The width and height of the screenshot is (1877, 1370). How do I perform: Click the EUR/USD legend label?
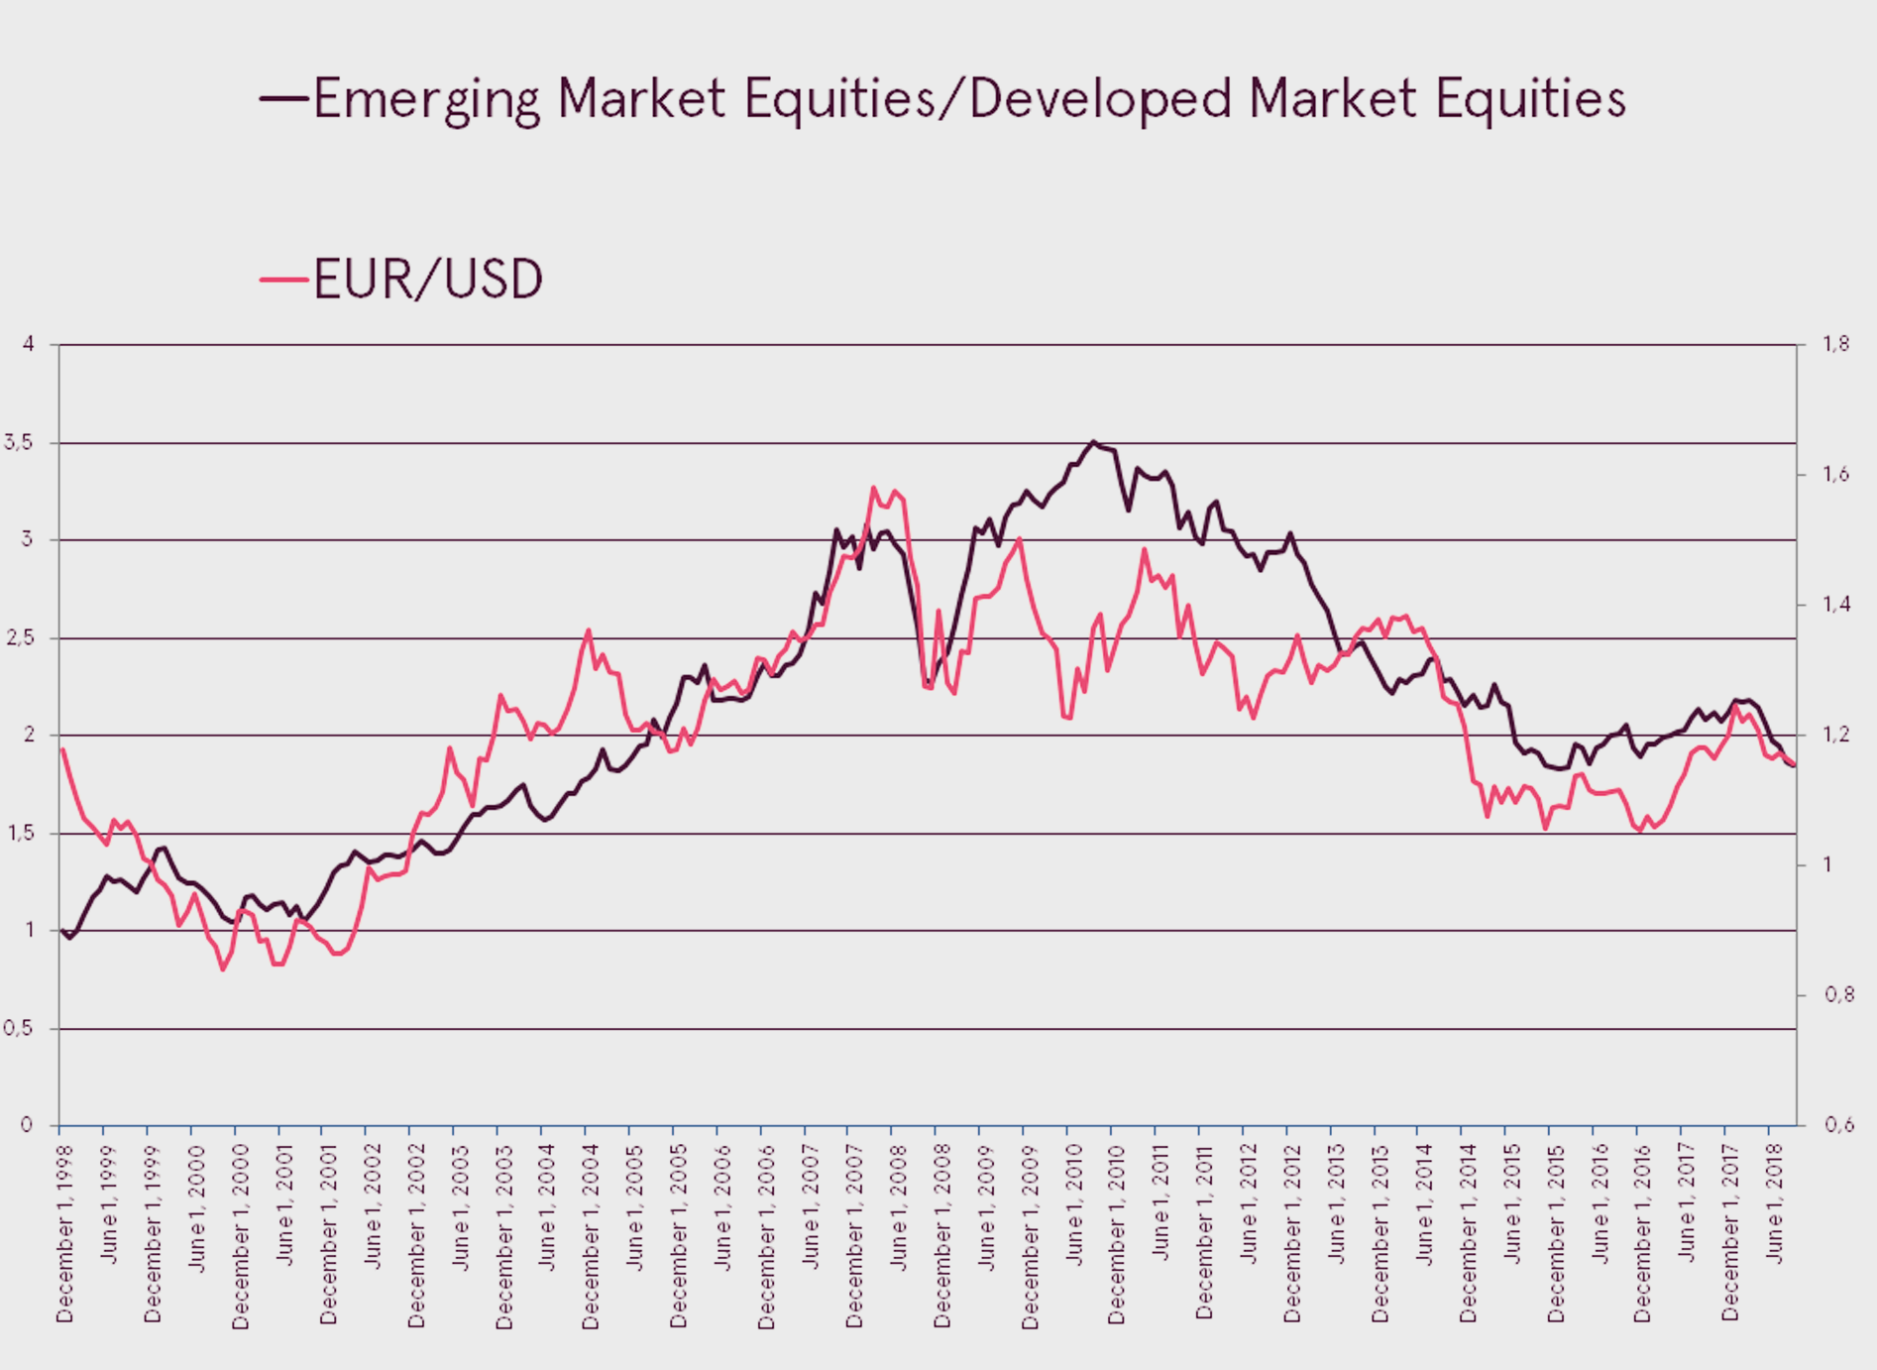click(428, 280)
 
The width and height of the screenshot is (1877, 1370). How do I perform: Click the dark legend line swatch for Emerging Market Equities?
click(283, 98)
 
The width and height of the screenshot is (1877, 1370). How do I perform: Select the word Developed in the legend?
click(1100, 99)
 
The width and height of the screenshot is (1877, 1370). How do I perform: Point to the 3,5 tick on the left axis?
click(19, 443)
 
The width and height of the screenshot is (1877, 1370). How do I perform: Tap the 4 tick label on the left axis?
click(28, 344)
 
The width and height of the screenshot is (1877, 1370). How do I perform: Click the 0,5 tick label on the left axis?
click(19, 1029)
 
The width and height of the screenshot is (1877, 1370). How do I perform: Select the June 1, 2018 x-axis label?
click(1775, 1199)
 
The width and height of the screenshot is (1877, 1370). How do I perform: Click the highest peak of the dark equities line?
click(1093, 441)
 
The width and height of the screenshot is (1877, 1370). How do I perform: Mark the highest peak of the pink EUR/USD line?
click(873, 487)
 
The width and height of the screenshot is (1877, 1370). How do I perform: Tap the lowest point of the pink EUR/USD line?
click(223, 970)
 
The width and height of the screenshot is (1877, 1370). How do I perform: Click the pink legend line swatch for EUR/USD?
click(283, 280)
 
